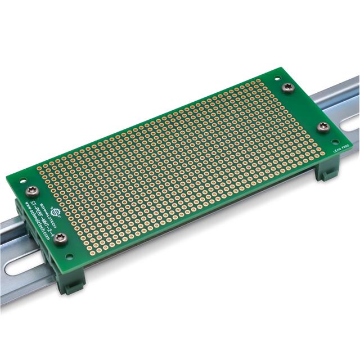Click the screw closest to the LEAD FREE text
click(323, 127)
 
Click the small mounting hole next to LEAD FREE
click(335, 142)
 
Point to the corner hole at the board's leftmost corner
click(23, 181)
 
